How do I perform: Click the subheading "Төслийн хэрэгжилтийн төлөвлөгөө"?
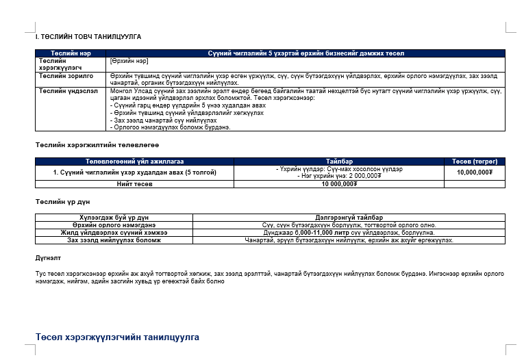pos(97,145)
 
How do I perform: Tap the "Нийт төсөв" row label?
pos(135,183)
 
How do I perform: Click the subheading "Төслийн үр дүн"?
pos(62,201)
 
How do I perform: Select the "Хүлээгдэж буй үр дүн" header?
pos(114,217)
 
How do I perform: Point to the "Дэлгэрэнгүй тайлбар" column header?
pos(349,217)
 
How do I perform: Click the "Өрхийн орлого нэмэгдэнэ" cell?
pos(114,224)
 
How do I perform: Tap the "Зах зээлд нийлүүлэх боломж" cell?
pos(114,240)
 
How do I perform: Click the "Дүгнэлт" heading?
pos(48,259)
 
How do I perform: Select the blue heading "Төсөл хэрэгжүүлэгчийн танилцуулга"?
pos(117,337)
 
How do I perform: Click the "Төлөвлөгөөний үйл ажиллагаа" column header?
pos(135,162)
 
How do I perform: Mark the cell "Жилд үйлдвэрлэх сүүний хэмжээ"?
pos(114,233)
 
